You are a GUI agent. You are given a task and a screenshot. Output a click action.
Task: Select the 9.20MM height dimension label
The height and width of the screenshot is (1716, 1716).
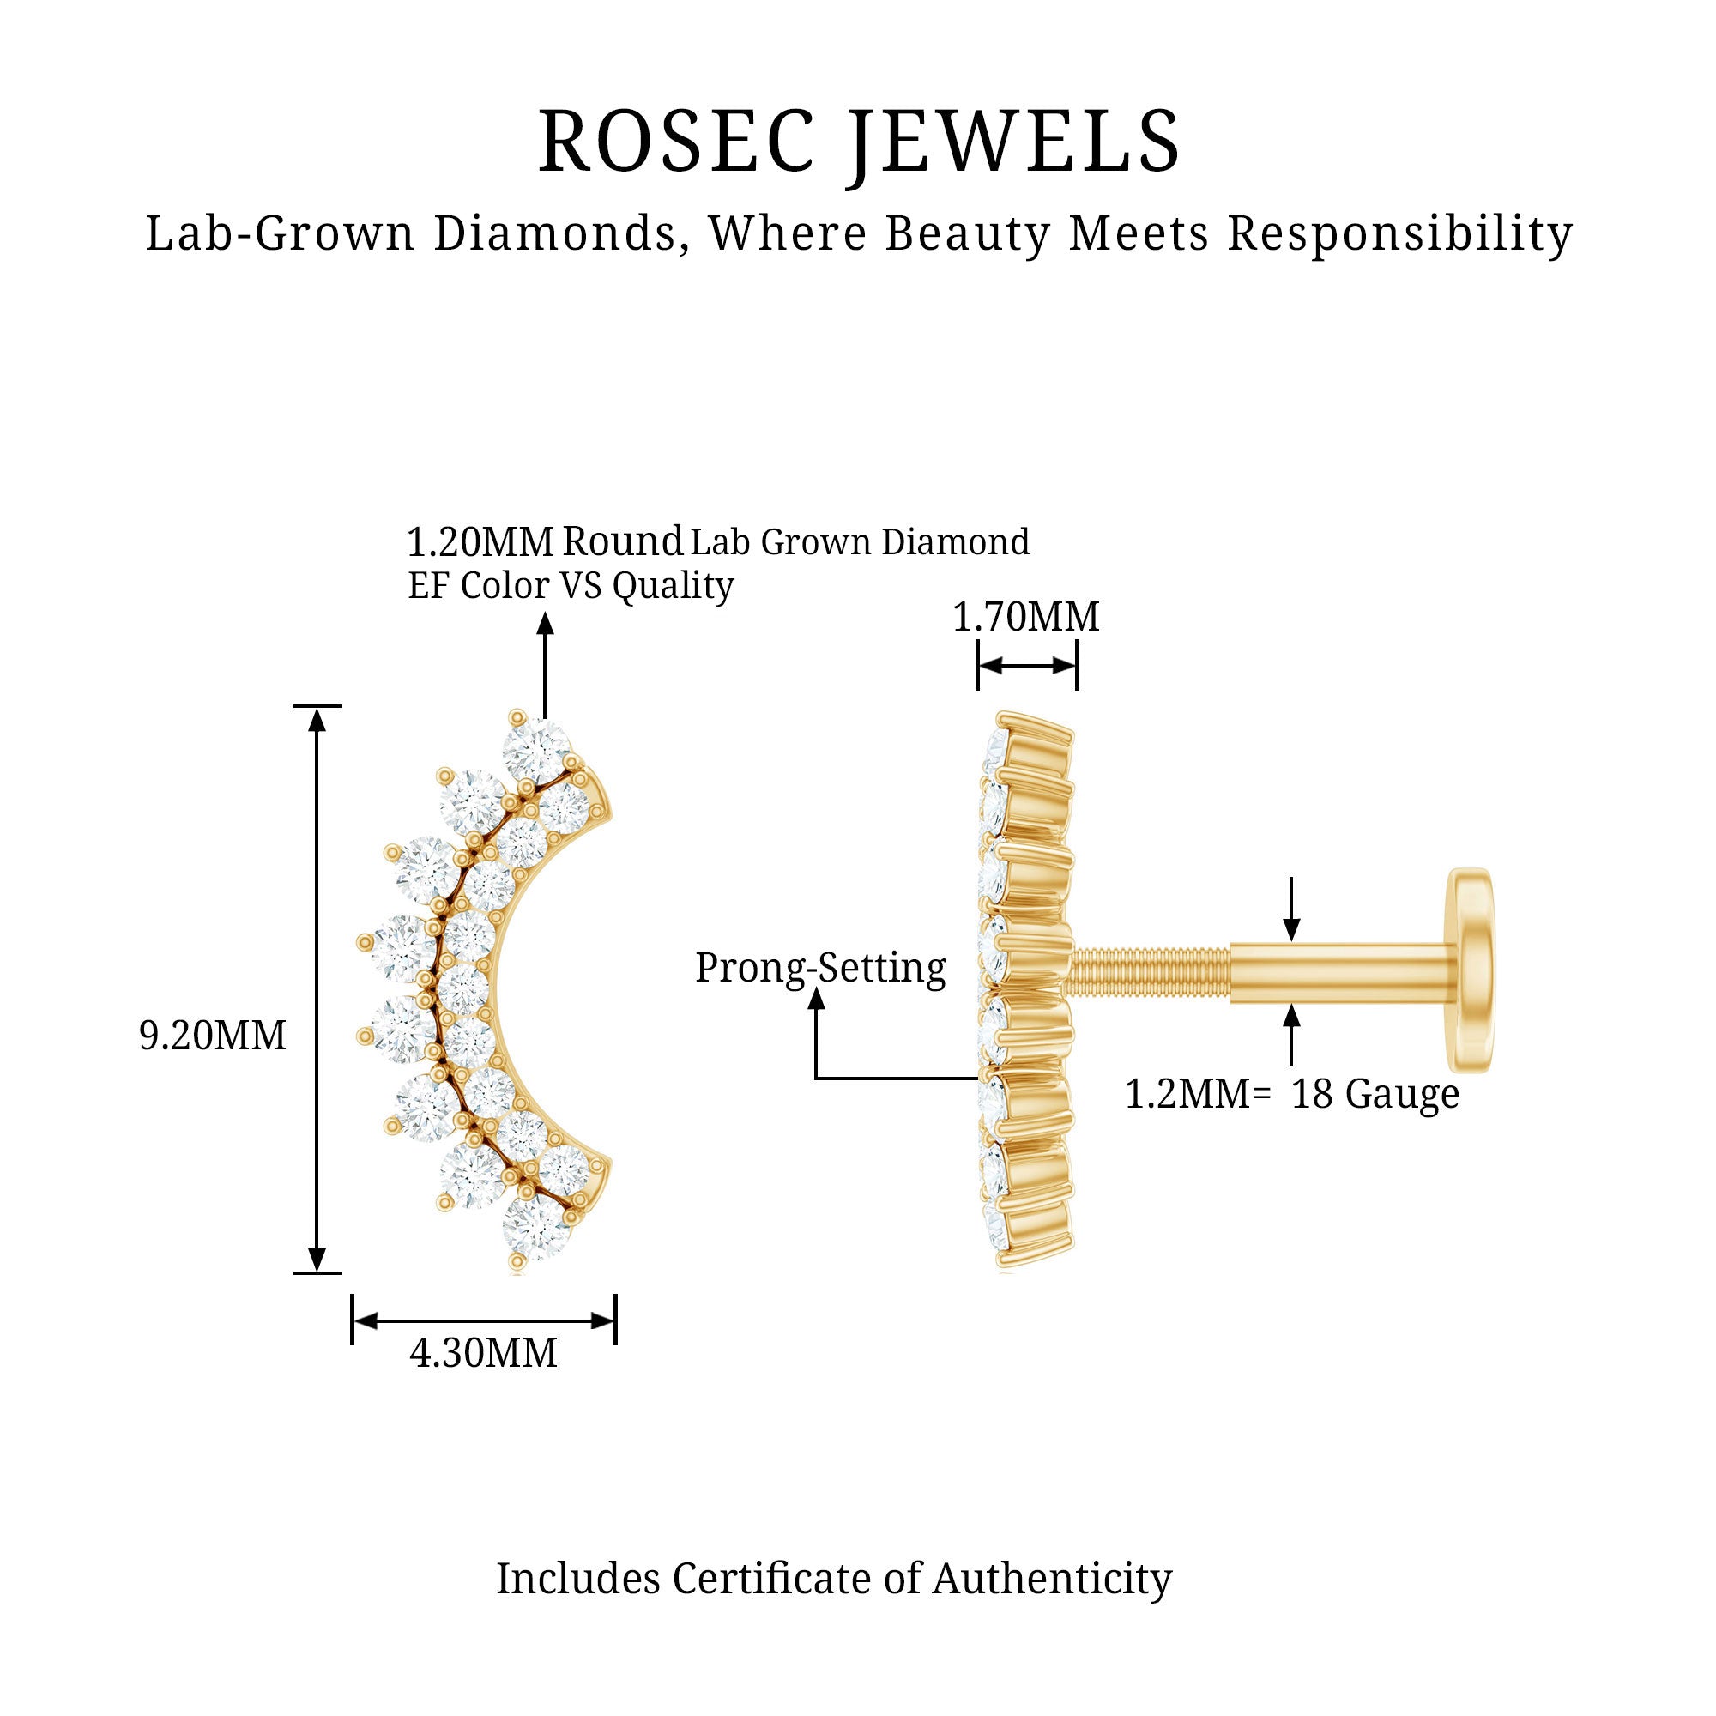pyautogui.click(x=212, y=1036)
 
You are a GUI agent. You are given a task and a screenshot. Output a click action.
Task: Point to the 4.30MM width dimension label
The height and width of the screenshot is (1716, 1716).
pyautogui.click(x=483, y=1353)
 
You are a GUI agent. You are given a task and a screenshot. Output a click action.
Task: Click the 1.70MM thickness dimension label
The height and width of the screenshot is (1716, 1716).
pyautogui.click(x=1026, y=617)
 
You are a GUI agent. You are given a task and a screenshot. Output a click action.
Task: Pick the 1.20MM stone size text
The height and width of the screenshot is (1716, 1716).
pyautogui.click(x=480, y=541)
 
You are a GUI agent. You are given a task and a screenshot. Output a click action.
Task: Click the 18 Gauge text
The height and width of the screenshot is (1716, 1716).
pyautogui.click(x=1375, y=1094)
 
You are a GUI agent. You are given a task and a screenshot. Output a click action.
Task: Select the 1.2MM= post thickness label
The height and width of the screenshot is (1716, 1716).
pyautogui.click(x=1197, y=1094)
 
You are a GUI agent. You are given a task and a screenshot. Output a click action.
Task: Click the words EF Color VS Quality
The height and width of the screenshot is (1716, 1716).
pyautogui.click(x=571, y=586)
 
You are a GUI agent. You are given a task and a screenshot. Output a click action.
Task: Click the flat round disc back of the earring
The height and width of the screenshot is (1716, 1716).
pyautogui.click(x=1469, y=970)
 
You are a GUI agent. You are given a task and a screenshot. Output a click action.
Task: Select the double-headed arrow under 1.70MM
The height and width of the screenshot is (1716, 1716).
pyautogui.click(x=1027, y=666)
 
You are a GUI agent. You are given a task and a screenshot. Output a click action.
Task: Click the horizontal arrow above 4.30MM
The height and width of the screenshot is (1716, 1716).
pyautogui.click(x=483, y=1320)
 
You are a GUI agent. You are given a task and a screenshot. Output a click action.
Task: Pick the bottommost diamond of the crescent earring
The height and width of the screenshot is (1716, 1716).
pyautogui.click(x=534, y=1229)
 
